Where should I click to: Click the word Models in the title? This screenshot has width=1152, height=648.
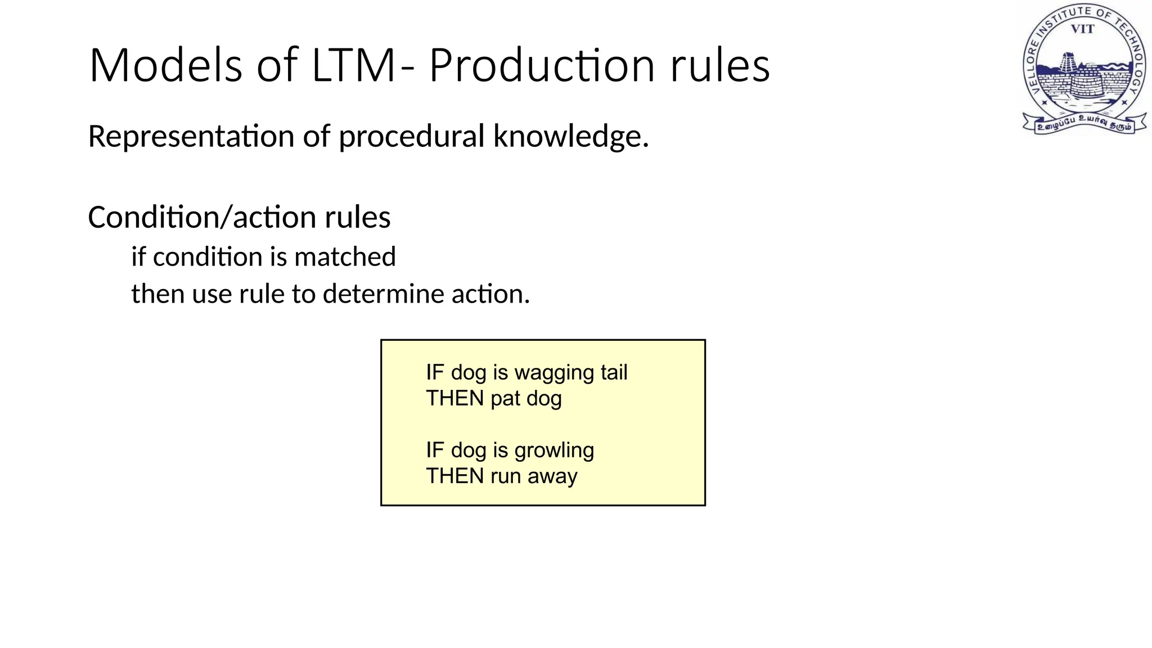(x=165, y=66)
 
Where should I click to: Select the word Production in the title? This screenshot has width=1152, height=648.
(x=542, y=66)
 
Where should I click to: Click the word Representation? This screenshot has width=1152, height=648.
(x=191, y=137)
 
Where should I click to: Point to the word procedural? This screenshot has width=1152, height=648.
(x=411, y=137)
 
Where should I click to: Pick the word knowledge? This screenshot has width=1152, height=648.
(x=570, y=137)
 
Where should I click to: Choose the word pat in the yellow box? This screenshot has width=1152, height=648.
(x=505, y=399)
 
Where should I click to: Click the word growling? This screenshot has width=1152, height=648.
(x=554, y=451)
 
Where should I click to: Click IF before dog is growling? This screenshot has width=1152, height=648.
(x=435, y=450)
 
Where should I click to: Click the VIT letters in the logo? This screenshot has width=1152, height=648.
(x=1082, y=29)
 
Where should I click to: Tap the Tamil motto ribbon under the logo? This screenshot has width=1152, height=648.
(x=1084, y=124)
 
